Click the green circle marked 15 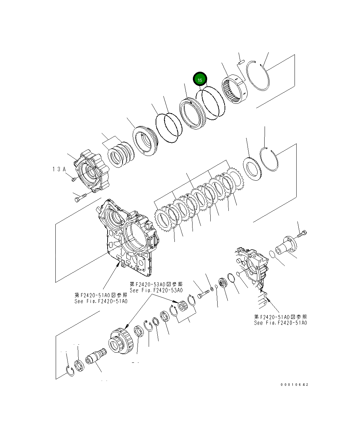(200, 80)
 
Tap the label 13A (59, 169)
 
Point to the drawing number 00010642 (294, 385)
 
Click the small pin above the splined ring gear (240, 63)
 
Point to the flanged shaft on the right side (285, 248)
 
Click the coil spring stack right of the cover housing (120, 154)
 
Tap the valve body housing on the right (254, 268)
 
